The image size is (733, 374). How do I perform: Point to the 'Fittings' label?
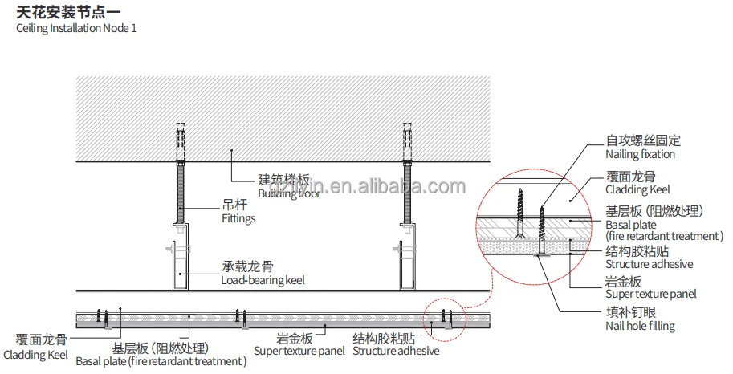pyautogui.click(x=238, y=217)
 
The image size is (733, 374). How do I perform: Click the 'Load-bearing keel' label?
pyautogui.click(x=263, y=280)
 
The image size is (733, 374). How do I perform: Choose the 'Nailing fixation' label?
pyautogui.click(x=640, y=154)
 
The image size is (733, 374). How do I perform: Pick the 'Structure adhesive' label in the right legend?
pyautogui.click(x=649, y=264)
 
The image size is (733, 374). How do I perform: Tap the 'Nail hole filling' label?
pyautogui.click(x=640, y=326)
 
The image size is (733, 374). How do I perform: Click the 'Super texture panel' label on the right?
pyautogui.click(x=651, y=295)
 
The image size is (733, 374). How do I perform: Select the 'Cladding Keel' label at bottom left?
pyautogui.click(x=35, y=355)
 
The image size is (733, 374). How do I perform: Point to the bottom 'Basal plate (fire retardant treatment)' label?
pyautogui.click(x=161, y=361)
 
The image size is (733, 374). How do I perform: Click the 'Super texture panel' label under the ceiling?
pyautogui.click(x=299, y=351)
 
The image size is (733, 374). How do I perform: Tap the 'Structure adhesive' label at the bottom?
pyautogui.click(x=396, y=351)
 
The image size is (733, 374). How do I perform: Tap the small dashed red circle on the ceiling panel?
pyautogui.click(x=446, y=319)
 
